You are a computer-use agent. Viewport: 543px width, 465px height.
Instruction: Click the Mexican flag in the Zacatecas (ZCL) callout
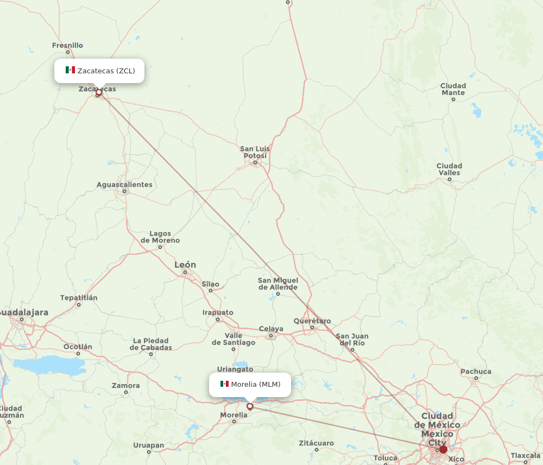tap(70, 70)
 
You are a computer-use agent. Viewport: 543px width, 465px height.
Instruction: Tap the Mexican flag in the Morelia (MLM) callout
tap(224, 384)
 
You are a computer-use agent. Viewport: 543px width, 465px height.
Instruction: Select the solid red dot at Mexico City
tap(443, 449)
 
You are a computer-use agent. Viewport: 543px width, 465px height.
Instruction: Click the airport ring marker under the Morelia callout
tap(250, 406)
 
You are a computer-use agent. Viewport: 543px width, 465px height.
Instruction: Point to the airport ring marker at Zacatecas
tap(98, 93)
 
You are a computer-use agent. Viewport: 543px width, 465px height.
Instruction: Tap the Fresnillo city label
tap(67, 46)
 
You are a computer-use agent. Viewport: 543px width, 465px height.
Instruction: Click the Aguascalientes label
tap(124, 185)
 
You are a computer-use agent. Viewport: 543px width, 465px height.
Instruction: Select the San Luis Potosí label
tap(255, 153)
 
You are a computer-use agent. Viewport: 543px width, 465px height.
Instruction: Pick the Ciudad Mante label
tap(453, 89)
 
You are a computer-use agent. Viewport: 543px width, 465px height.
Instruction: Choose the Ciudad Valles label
tap(449, 169)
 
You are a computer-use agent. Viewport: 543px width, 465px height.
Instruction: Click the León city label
tap(185, 265)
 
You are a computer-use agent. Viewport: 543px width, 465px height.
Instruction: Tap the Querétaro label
tap(312, 321)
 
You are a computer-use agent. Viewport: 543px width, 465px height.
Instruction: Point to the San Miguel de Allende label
tap(277, 284)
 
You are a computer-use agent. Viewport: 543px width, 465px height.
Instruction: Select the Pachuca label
tap(476, 372)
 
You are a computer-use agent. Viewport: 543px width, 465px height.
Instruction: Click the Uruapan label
tap(148, 445)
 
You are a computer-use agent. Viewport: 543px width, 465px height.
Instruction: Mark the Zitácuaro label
tap(316, 443)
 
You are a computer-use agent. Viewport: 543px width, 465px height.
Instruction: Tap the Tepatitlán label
tap(79, 298)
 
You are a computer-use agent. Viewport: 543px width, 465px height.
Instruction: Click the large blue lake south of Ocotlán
tap(49, 365)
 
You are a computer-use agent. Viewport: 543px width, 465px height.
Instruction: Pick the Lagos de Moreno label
tap(160, 237)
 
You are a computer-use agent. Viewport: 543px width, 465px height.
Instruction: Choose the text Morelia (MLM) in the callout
tap(256, 385)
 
